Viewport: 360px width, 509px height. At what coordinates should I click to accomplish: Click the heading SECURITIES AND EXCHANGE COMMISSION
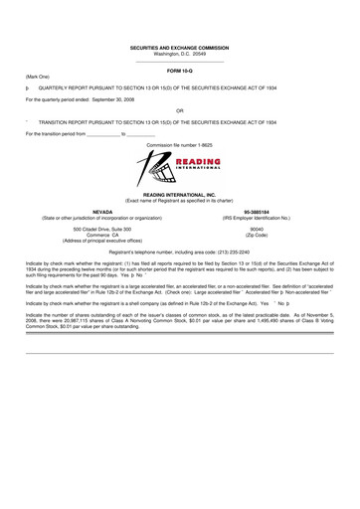(180, 47)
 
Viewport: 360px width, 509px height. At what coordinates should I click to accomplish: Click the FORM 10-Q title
(180, 72)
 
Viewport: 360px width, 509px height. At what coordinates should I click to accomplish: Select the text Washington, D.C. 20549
(180, 54)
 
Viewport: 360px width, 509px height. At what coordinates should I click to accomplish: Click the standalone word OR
(180, 110)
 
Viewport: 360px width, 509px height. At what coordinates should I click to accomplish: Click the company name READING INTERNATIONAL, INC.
(180, 196)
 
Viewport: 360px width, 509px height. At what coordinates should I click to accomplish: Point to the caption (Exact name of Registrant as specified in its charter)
(180, 202)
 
